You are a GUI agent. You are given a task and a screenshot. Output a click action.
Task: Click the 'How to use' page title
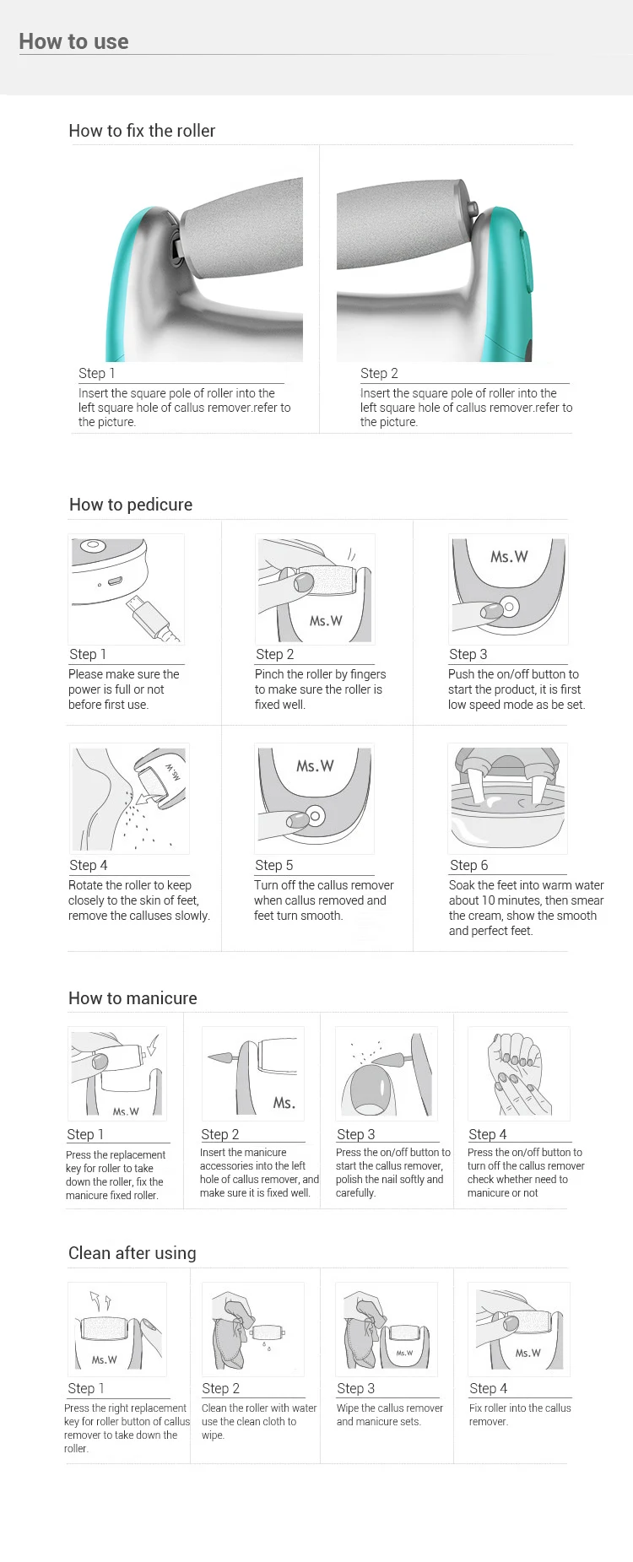pos(73,41)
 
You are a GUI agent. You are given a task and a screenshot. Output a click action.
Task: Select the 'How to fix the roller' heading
pos(142,131)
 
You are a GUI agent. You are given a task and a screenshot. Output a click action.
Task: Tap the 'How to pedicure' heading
pos(131,505)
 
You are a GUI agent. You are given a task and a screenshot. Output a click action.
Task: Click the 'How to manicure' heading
pos(133,998)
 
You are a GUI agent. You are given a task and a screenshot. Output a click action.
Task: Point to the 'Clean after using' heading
pos(133,1253)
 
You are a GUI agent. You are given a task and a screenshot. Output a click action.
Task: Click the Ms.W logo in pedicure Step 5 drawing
pos(315,766)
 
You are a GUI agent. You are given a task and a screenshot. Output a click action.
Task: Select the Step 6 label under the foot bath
pos(469,865)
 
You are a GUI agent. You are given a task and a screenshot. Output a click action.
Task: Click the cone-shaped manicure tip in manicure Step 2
pos(222,1057)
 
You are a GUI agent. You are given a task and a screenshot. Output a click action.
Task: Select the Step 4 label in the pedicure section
pos(89,865)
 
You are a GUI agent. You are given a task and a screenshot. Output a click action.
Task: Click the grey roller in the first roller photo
pos(245,228)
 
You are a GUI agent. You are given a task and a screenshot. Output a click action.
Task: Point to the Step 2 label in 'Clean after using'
pos(221,1388)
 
